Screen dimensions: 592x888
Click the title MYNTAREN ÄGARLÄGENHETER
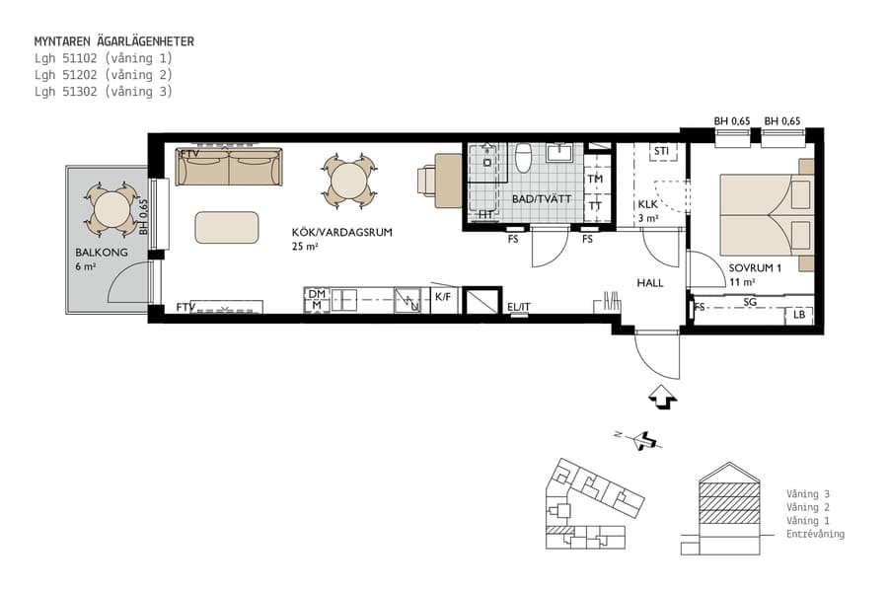[113, 41]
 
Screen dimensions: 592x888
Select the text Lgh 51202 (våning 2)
[103, 74]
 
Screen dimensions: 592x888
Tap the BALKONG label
[95, 253]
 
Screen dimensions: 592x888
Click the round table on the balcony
[113, 208]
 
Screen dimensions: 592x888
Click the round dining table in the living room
[348, 181]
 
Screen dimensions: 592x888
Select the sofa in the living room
[228, 167]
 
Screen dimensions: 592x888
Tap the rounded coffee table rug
[227, 227]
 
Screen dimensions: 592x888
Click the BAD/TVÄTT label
[543, 198]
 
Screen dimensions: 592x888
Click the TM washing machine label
[595, 180]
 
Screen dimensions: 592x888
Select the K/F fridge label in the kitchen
[444, 296]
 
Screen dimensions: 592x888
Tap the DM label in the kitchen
[316, 294]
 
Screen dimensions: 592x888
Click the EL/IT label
[519, 307]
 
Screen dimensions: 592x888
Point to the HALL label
[650, 282]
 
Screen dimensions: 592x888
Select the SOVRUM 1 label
[755, 267]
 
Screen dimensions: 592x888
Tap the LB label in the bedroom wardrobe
[799, 316]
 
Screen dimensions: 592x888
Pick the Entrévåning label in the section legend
[815, 534]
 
